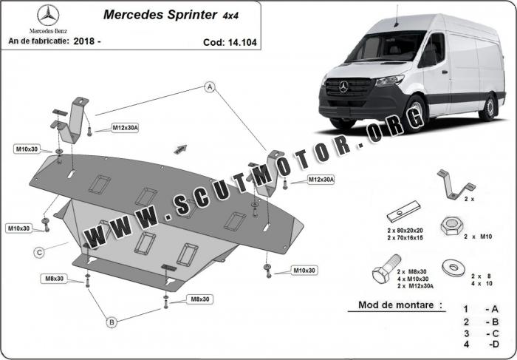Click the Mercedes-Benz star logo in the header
click(48, 16)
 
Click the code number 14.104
click(242, 43)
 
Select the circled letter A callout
click(210, 87)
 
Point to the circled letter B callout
click(112, 322)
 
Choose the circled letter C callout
click(39, 252)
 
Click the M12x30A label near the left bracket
click(125, 128)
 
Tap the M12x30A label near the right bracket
click(321, 180)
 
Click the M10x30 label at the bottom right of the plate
click(304, 271)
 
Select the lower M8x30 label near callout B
click(199, 299)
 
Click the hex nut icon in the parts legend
click(451, 226)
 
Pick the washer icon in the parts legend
click(453, 267)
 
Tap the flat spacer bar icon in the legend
click(403, 211)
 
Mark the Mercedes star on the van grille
click(343, 86)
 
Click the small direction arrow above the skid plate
click(180, 149)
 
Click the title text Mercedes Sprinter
click(160, 15)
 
